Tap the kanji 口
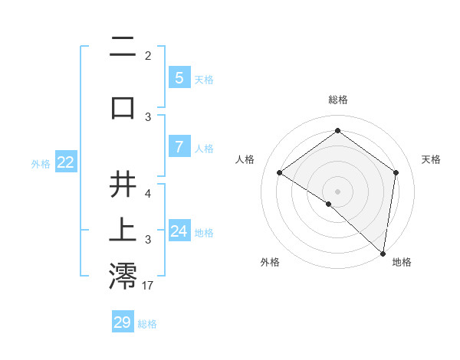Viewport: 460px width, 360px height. point(123,107)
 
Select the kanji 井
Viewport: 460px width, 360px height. point(123,185)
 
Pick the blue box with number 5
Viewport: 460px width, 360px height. point(179,77)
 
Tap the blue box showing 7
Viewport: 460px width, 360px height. point(179,146)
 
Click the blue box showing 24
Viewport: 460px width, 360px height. point(179,231)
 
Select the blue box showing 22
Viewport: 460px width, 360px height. point(65,162)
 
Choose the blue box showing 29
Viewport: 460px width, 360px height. point(123,322)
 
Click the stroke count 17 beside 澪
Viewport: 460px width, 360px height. point(149,286)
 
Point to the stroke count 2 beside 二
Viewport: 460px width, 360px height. point(148,56)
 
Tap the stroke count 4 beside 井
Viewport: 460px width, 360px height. point(148,194)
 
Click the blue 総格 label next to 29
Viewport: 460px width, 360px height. point(147,324)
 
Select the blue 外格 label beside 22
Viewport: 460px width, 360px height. point(40,163)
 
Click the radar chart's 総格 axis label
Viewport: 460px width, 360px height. point(337,100)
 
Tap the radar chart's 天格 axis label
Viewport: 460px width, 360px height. point(431,159)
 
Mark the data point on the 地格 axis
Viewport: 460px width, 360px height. point(383,253)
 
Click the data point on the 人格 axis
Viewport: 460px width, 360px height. point(280,173)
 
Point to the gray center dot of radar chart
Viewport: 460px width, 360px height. point(337,191)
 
